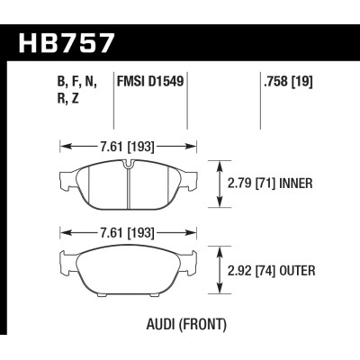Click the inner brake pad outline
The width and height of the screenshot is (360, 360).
99,184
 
